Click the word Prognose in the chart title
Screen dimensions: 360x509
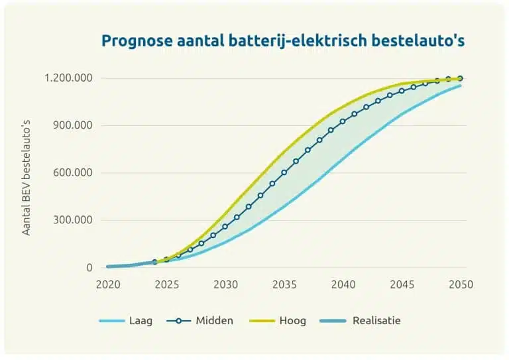click(x=135, y=40)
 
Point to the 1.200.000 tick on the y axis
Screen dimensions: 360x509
click(x=69, y=78)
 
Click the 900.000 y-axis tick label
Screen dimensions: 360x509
click(x=74, y=125)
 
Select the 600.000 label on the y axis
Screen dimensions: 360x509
click(x=74, y=173)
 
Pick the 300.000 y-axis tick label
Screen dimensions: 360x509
click(x=74, y=220)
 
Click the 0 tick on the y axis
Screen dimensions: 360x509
click(x=88, y=268)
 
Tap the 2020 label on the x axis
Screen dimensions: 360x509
click(x=108, y=285)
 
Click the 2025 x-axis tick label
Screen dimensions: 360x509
click(x=166, y=285)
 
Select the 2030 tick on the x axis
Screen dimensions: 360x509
click(x=225, y=285)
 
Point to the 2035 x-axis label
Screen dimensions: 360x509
click(x=284, y=285)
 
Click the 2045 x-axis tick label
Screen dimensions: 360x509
click(x=402, y=285)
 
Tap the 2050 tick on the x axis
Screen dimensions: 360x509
click(x=461, y=285)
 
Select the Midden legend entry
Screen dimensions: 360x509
click(x=214, y=321)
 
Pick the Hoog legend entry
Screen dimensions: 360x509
click(x=292, y=321)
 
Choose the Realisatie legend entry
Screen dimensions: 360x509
click(x=376, y=321)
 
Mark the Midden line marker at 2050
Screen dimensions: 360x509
click(x=460, y=78)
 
